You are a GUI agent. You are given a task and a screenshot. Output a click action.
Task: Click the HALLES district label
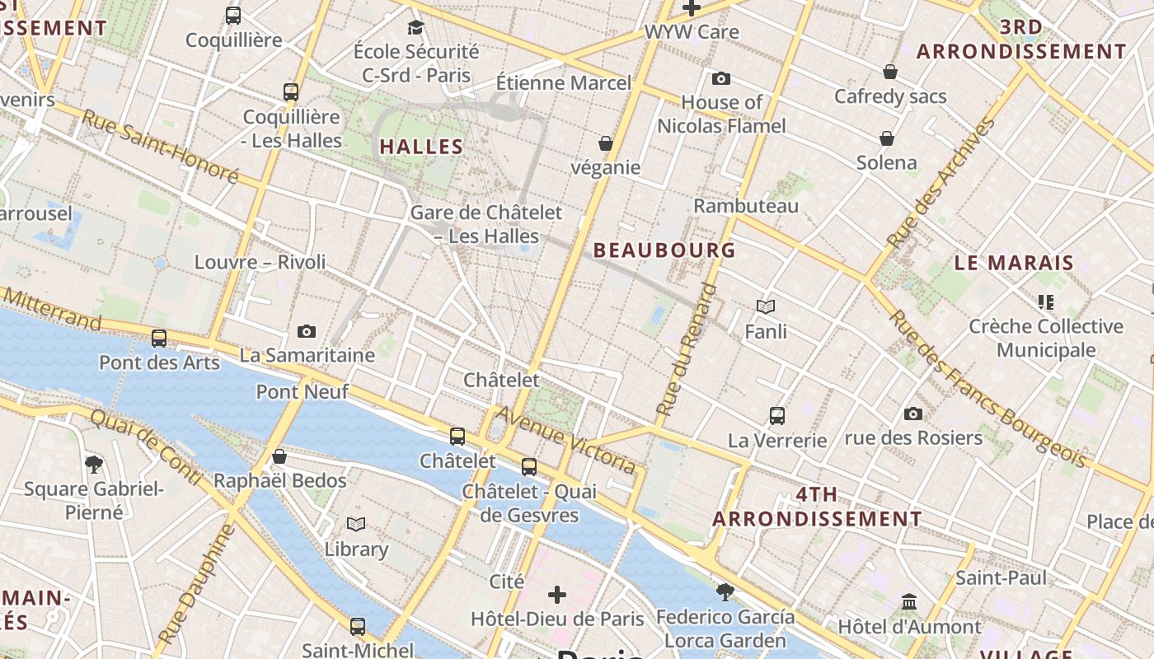point(421,147)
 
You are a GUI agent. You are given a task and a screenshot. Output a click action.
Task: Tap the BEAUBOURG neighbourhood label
point(664,250)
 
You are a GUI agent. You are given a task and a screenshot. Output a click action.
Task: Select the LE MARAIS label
point(1014,264)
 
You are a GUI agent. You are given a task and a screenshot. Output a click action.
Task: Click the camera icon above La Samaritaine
point(307,331)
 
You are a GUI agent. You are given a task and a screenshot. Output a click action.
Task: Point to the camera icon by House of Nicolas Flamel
point(721,78)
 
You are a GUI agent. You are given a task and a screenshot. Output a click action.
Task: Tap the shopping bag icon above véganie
point(606,143)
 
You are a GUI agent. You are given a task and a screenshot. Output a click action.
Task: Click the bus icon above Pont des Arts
point(159,338)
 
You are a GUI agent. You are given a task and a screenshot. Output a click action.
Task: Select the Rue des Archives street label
point(941,183)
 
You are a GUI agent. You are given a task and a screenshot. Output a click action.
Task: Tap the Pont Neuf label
point(303,391)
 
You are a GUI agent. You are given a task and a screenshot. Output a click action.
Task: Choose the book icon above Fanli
point(766,307)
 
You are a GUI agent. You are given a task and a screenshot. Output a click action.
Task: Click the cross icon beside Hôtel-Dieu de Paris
point(557,594)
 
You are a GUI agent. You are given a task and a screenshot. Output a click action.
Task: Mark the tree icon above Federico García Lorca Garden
point(725,591)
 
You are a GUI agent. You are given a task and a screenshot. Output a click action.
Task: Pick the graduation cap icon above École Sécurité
point(415,27)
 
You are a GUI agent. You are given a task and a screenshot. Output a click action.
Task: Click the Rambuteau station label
point(746,205)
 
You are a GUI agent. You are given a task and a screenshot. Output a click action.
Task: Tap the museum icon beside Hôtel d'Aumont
point(909,601)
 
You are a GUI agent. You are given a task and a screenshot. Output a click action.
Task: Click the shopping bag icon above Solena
point(887,138)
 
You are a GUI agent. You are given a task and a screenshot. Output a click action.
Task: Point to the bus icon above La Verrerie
point(777,415)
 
